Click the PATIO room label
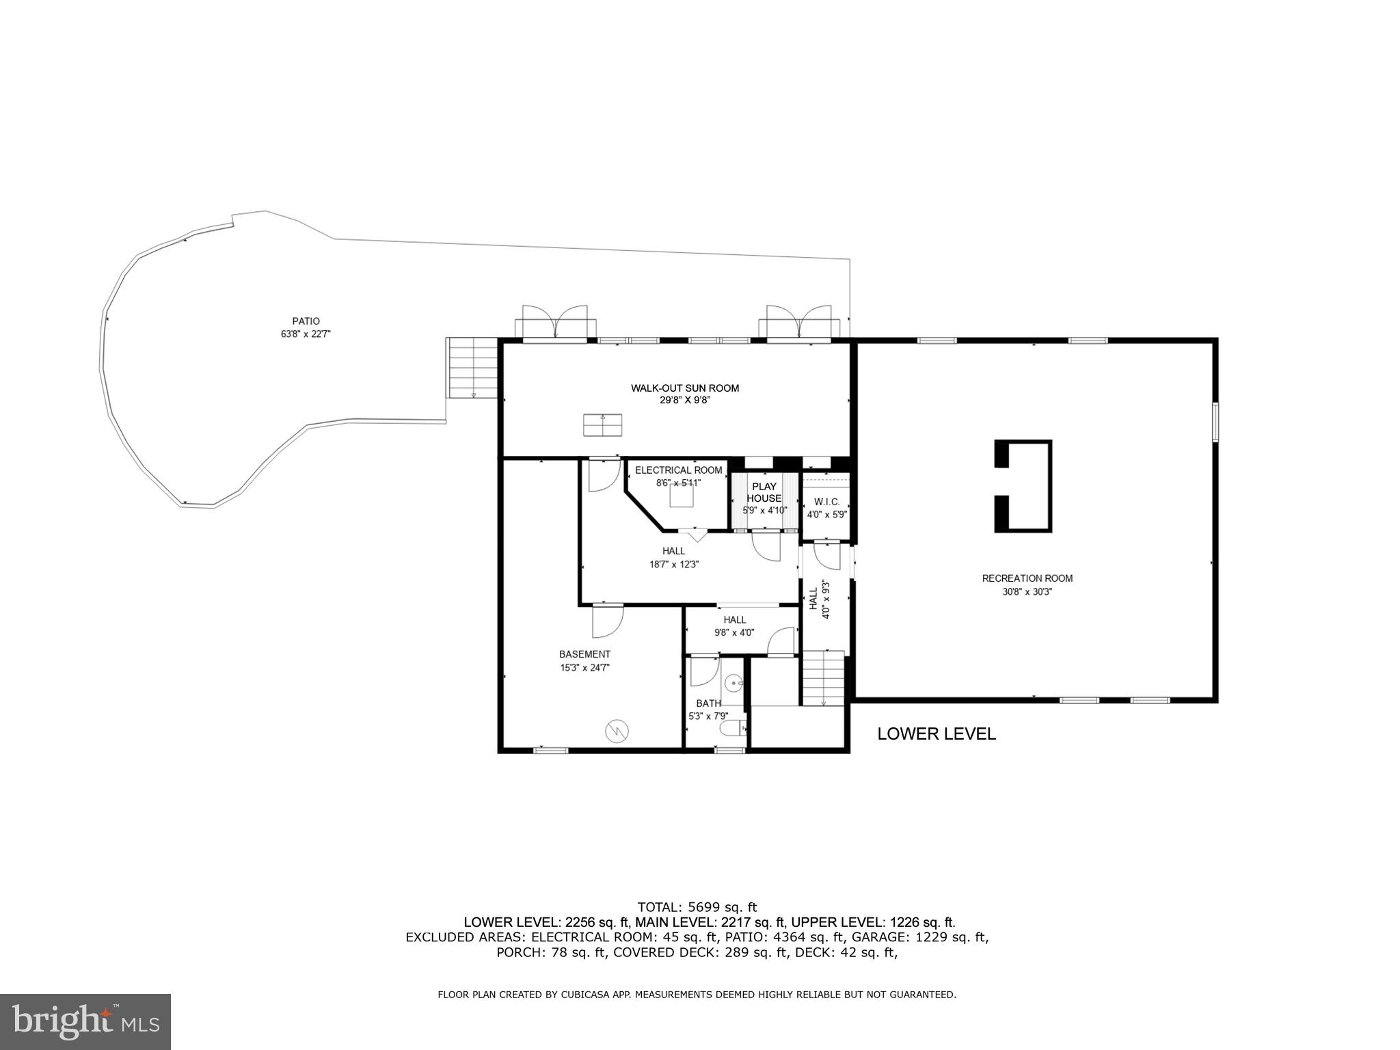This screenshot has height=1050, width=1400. tap(306, 321)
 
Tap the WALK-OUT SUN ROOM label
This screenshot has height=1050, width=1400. tap(684, 388)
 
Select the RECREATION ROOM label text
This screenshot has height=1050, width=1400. tap(1027, 578)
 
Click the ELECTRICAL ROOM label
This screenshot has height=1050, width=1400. tap(678, 470)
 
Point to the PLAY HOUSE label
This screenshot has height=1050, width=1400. tap(764, 492)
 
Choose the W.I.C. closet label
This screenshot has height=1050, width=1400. tap(826, 502)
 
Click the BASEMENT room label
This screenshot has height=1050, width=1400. tap(584, 654)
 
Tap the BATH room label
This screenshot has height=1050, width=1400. tap(708, 703)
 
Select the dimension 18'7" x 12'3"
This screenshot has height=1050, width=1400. tap(673, 565)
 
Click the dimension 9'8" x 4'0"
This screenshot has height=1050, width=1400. tap(734, 633)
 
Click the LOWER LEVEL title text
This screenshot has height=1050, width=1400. tap(936, 734)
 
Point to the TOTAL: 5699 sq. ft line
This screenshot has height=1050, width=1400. tap(697, 908)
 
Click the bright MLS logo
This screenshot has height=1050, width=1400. tap(85, 1021)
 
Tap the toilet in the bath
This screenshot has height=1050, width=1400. tap(733, 729)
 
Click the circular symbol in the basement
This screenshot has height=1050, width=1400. tap(615, 731)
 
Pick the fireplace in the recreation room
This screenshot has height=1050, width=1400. tap(1023, 486)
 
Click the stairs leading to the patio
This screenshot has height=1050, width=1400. tap(472, 368)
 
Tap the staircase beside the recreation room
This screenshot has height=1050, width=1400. tap(823, 677)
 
